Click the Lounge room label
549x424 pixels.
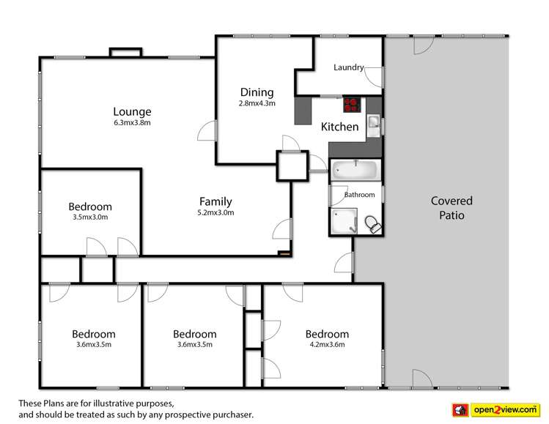(x=132, y=112)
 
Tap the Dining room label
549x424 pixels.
(x=257, y=92)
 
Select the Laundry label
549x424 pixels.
(x=348, y=67)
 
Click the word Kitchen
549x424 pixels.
(x=340, y=127)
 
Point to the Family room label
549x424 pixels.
(x=215, y=201)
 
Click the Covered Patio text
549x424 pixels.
(x=451, y=208)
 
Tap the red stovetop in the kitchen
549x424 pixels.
(x=350, y=103)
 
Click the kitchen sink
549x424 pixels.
(x=374, y=124)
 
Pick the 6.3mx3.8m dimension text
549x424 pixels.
(x=132, y=123)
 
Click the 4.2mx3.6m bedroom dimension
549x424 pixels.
(x=326, y=345)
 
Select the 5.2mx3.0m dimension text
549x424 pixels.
(x=215, y=213)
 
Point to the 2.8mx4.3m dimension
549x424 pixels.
(x=257, y=103)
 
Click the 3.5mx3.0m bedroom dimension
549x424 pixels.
(x=90, y=217)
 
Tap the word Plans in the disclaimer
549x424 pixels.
(x=59, y=403)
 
